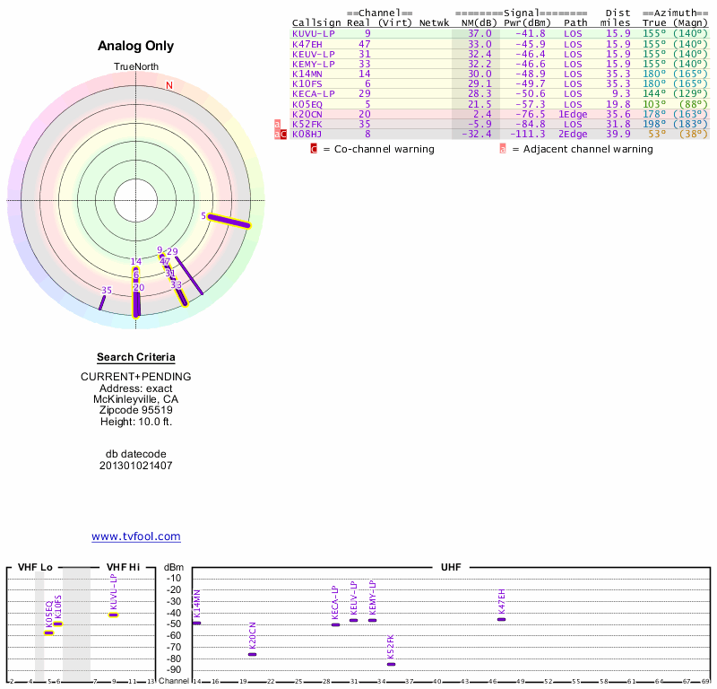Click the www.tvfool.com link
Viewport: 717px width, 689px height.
tap(135, 536)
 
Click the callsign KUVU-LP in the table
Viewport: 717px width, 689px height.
tap(313, 33)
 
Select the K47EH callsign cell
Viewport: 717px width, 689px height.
tap(307, 43)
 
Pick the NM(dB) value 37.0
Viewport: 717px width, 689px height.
tap(479, 33)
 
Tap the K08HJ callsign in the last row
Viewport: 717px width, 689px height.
tap(307, 134)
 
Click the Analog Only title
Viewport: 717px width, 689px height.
tap(135, 47)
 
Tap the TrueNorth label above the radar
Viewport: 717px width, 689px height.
tap(135, 67)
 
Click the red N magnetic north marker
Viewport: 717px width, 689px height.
tap(168, 86)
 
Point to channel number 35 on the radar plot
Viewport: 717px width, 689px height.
tap(106, 291)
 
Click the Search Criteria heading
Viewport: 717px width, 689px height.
tap(135, 357)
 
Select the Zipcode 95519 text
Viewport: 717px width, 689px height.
tap(135, 411)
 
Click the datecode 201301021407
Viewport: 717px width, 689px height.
tap(135, 466)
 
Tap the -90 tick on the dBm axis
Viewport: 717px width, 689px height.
tap(174, 669)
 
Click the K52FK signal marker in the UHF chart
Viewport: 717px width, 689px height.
tap(391, 664)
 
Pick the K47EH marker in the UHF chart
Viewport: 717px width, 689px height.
tap(501, 619)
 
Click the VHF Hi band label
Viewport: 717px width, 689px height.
tap(123, 567)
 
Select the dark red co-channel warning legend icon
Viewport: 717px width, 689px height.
tap(314, 149)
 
